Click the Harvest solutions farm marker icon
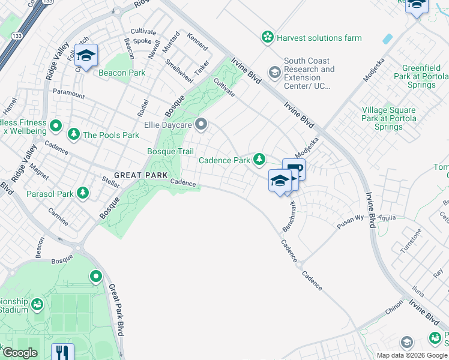[267, 38]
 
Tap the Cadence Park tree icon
[259, 160]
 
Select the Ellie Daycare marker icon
[202, 125]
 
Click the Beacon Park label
[122, 73]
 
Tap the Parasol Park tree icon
[83, 194]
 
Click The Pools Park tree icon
[74, 134]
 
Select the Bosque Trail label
[170, 151]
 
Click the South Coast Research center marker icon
[274, 73]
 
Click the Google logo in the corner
[20, 353]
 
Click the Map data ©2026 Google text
[411, 355]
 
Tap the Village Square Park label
[388, 118]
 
